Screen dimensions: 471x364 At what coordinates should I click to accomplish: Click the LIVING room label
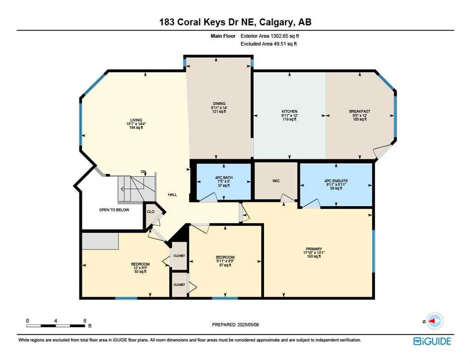136,120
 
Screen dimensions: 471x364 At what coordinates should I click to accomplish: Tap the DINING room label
219,104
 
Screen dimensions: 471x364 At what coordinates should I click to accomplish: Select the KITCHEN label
289,111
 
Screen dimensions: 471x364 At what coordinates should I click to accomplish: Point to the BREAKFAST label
360,111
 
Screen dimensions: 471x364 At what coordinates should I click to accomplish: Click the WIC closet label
276,181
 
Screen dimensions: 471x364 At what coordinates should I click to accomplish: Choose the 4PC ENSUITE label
336,181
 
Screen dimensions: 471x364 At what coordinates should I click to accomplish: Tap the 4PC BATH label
224,178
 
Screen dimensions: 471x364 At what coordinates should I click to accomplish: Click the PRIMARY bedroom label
314,249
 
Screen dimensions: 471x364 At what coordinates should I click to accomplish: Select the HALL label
172,195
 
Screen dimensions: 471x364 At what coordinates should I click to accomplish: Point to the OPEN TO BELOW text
114,210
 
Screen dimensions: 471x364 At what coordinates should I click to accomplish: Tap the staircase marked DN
136,189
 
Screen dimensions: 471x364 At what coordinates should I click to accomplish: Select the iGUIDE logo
432,341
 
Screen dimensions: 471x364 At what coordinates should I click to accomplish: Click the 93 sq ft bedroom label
140,264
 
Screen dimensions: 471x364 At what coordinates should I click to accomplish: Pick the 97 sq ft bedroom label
225,257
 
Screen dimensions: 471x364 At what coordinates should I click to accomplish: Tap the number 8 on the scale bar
85,321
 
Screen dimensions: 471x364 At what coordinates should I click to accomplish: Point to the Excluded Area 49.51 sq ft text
269,44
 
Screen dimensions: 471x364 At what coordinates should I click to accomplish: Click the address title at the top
235,22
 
